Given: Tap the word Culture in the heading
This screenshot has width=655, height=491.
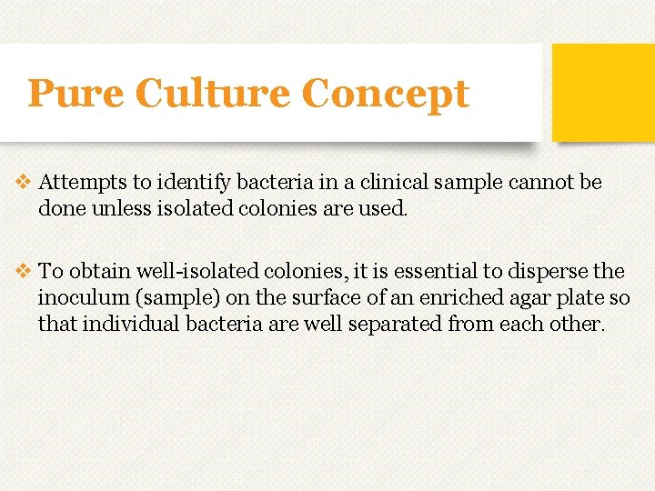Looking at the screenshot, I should coord(212,94).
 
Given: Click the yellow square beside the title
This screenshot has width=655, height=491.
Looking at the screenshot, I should coord(603,92).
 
